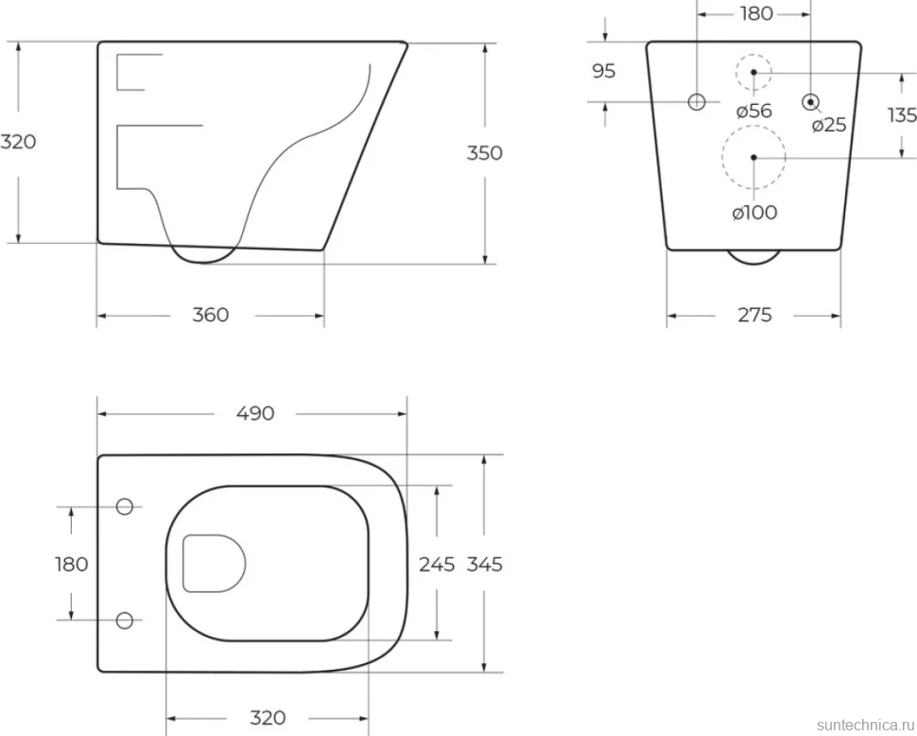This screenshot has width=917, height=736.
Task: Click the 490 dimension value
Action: click(255, 413)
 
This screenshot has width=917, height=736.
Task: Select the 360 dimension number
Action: click(211, 316)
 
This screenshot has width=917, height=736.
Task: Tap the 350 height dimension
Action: click(484, 153)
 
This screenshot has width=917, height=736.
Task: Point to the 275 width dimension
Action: click(754, 316)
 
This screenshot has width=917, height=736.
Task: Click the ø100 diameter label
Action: click(754, 213)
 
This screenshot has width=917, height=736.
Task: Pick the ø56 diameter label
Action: click(753, 111)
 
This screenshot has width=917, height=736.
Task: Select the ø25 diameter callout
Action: click(829, 125)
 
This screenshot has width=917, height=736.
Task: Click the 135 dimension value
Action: click(902, 115)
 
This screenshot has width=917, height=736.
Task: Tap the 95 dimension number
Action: click(603, 71)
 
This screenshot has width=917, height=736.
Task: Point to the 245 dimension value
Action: click(437, 564)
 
